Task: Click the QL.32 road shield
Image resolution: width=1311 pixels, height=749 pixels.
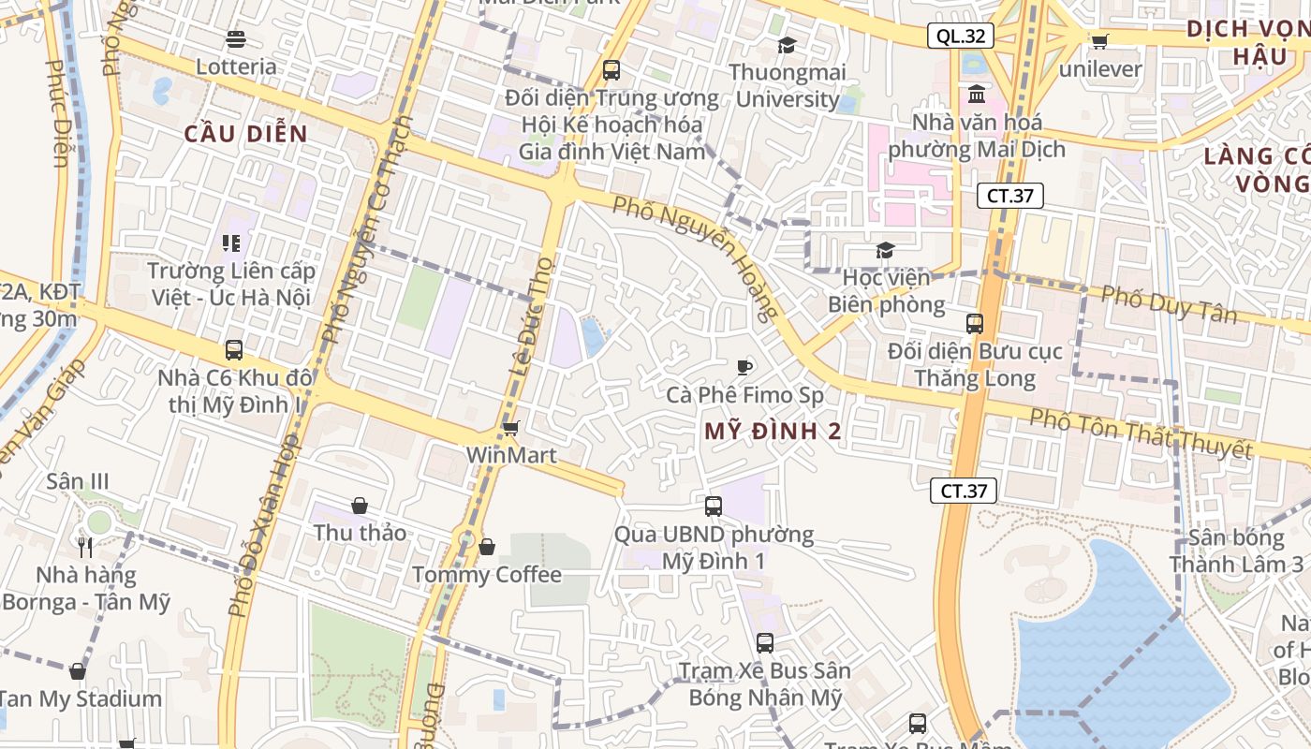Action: coord(961,36)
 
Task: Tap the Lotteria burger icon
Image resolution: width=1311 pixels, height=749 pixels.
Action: coord(235,39)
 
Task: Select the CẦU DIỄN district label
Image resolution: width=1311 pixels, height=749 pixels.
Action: coord(246,134)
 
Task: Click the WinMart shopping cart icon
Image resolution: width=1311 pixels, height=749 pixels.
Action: coord(510,428)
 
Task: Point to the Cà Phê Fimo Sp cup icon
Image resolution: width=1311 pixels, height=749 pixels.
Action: coord(744,366)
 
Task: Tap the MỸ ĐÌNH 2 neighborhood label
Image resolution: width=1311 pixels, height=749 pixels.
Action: coord(773,432)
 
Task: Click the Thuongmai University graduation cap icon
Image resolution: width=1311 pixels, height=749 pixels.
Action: coord(787,45)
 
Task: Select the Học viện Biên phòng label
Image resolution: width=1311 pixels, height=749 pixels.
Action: coord(886,291)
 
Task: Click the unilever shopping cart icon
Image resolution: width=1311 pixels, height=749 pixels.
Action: coord(1099,40)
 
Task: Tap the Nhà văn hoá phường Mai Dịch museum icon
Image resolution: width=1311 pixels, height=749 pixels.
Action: coord(977,94)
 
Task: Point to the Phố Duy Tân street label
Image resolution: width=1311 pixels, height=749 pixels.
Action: coord(1169,304)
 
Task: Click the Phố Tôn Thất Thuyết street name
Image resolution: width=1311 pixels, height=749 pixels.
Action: coord(1141,433)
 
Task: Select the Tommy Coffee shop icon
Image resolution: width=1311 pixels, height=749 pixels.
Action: coord(487,546)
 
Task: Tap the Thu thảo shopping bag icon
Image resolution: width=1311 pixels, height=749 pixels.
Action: coord(360,506)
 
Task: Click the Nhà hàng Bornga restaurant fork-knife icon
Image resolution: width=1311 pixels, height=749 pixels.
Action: coord(85,547)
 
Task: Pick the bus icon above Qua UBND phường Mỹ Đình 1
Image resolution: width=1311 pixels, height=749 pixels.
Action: coord(714,507)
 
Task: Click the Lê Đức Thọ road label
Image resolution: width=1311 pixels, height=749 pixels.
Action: coord(531,316)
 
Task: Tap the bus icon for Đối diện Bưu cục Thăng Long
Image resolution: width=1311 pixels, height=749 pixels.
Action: coord(975,324)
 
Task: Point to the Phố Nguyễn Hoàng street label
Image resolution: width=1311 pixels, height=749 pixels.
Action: coord(697,256)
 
